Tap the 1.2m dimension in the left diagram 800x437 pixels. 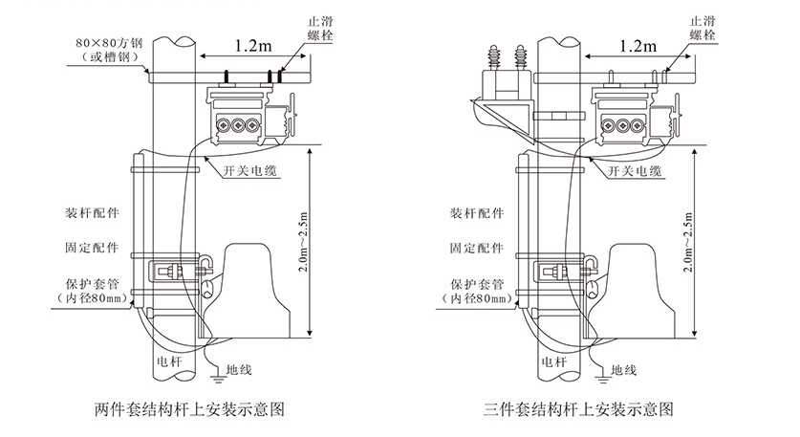(251, 44)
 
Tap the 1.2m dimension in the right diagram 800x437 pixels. (638, 45)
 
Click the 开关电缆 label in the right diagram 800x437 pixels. (635, 171)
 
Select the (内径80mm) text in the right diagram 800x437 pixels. (476, 299)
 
